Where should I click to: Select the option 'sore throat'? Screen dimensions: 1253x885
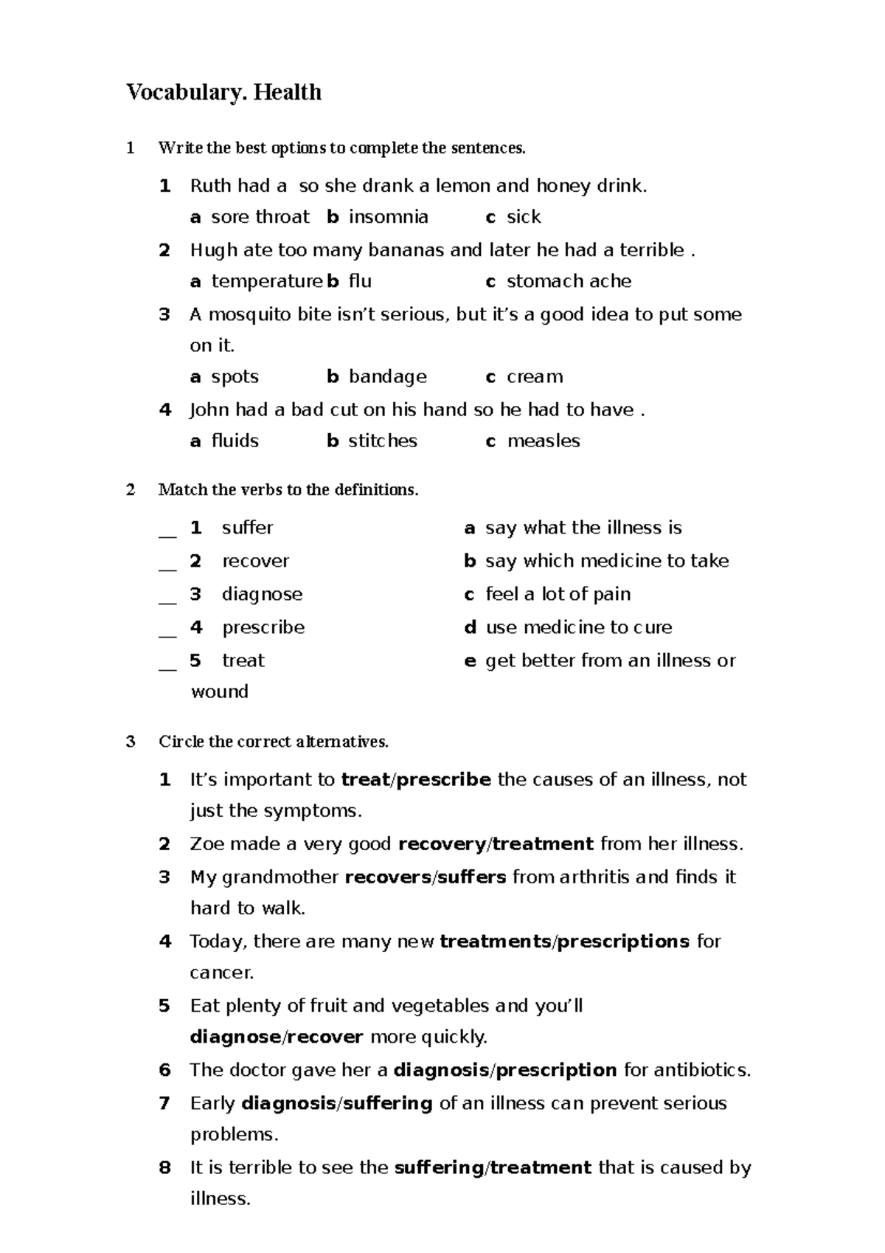260,217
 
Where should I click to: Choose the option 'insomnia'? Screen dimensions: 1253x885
388,217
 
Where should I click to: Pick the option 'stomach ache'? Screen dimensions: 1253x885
569,281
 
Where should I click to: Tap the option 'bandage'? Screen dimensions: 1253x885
387,377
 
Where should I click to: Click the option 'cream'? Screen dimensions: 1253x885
535,377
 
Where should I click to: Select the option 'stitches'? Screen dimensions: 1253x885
382,441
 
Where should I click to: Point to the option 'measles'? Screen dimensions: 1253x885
544,441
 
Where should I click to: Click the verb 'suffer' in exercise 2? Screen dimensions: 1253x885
247,528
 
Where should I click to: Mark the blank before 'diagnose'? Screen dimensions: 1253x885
167,596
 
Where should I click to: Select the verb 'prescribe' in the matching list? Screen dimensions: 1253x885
263,627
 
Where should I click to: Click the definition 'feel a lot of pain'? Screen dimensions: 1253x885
558,594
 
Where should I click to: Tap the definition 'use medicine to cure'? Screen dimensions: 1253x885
579,627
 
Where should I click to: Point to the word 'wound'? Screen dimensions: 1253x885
220,691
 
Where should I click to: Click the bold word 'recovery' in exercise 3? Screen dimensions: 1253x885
442,844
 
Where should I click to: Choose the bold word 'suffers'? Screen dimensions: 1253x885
472,877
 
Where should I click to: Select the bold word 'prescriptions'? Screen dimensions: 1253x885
622,942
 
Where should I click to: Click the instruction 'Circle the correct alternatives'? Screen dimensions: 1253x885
273,742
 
